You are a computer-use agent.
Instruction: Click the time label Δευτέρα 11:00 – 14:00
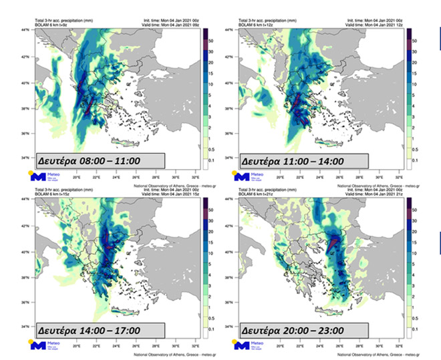pyautogui.click(x=292, y=161)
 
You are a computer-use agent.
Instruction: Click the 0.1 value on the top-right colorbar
pyautogui.click(x=414, y=161)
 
